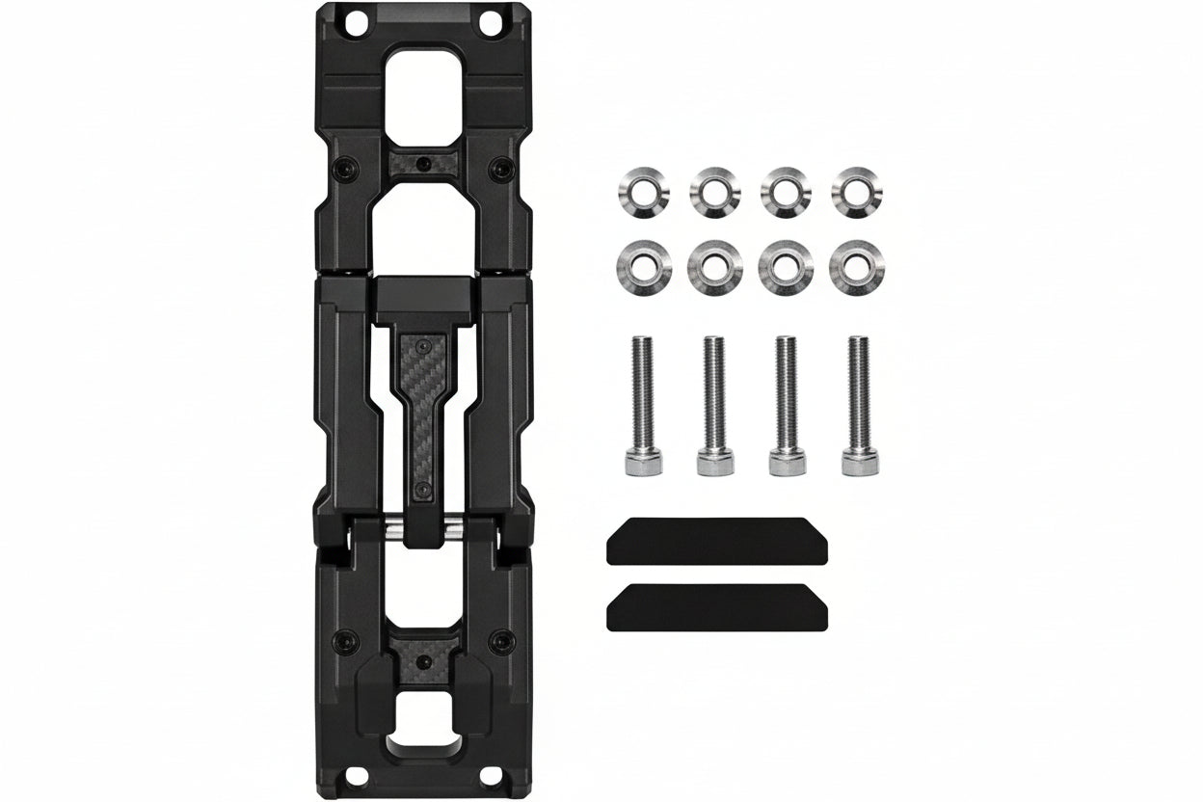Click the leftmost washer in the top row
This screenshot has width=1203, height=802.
click(x=637, y=191)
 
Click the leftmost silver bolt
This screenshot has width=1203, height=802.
click(x=639, y=405)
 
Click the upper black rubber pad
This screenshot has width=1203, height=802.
click(x=717, y=542)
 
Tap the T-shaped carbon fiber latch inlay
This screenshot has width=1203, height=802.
click(x=422, y=405)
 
